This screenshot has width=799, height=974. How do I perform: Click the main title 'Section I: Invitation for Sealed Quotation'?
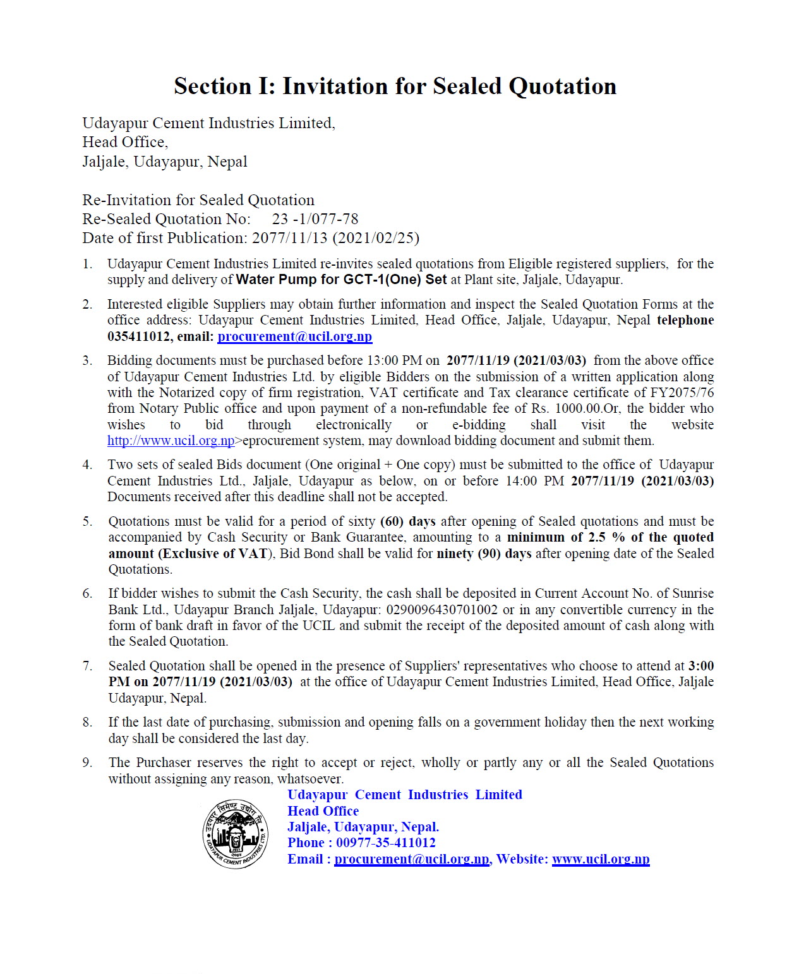395,86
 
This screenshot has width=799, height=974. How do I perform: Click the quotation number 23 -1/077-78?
315,219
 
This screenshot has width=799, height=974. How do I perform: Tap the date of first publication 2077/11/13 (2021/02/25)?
335,238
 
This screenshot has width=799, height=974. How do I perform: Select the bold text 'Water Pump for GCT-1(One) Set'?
341,280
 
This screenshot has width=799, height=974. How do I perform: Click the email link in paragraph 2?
294,336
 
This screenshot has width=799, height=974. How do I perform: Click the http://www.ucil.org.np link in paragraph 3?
171,441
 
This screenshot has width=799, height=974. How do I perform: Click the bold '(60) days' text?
408,521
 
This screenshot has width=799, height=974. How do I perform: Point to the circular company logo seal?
235,834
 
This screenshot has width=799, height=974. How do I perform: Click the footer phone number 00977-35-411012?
385,843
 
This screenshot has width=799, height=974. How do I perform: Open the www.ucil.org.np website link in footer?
600,859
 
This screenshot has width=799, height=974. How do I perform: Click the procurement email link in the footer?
411,859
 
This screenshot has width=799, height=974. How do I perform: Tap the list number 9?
87,763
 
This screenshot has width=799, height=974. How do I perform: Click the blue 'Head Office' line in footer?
323,811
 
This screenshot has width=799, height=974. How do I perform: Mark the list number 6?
87,593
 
